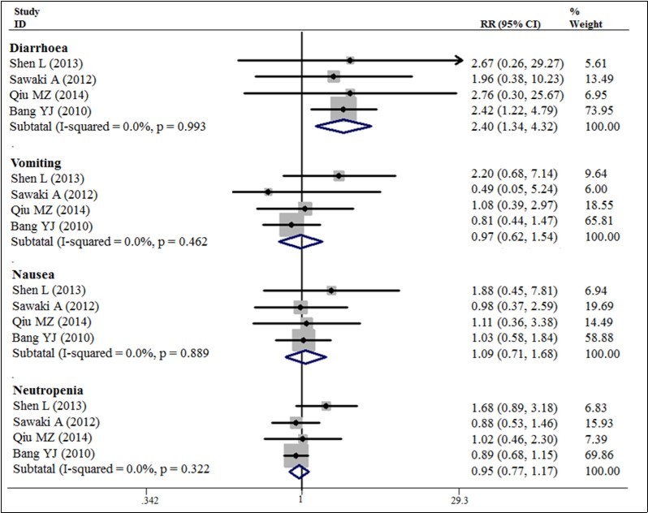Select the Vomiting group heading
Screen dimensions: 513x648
(35, 162)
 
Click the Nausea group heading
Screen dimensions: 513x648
(32, 276)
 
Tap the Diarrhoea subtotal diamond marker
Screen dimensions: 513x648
(342, 125)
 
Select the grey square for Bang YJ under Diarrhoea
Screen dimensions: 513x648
(343, 109)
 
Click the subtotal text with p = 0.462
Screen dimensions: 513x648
(109, 241)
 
